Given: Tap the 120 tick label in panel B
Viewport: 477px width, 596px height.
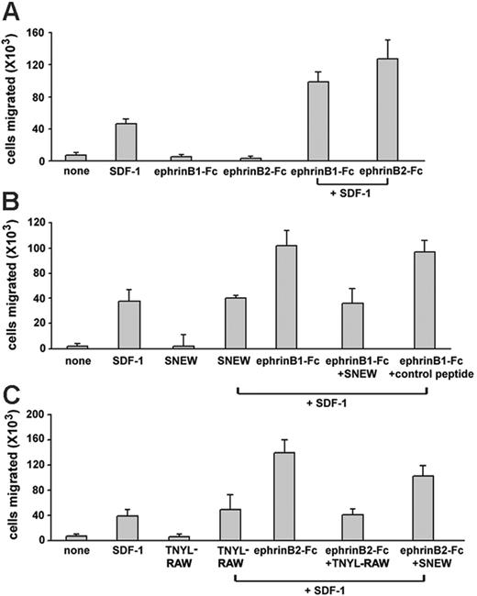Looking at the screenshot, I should point(47,223).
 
